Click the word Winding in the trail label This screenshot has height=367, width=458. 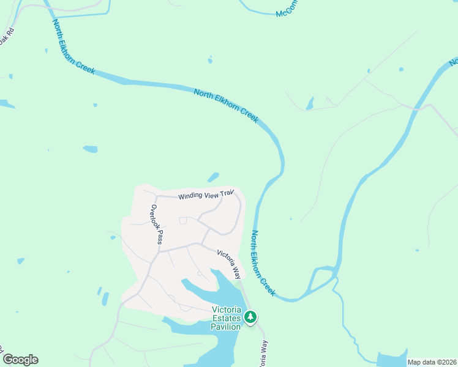(x=190, y=197)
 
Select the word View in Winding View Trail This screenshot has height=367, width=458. (x=211, y=195)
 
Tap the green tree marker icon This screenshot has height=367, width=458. (x=250, y=317)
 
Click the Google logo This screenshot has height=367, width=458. (x=20, y=360)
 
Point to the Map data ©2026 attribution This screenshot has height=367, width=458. (x=432, y=362)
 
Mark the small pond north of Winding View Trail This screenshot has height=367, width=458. (x=213, y=177)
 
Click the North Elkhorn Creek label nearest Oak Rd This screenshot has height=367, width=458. (x=73, y=46)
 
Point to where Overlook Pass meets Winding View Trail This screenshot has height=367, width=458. (x=156, y=197)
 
